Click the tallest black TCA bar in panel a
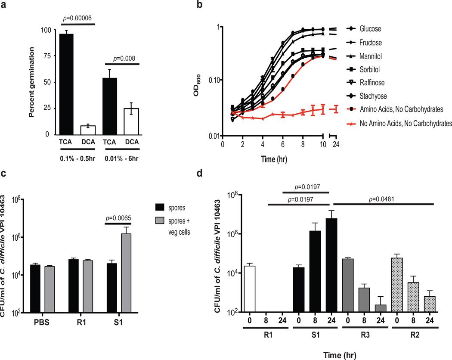click(x=67, y=84)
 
